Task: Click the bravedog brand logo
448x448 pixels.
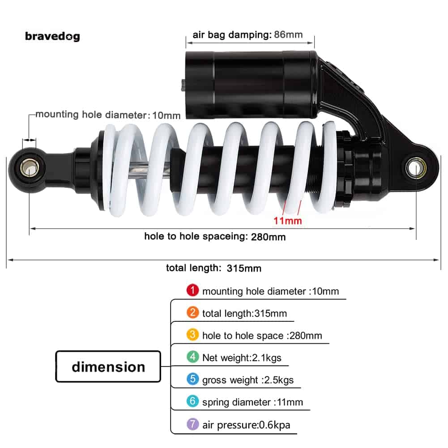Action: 52,36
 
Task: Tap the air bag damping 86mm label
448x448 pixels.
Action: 247,35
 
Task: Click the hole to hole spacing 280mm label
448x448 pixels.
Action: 215,236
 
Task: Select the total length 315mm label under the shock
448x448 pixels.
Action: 213,268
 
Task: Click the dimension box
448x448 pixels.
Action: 108,367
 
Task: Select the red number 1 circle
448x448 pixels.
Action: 192,290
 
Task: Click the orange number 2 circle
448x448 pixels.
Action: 193,312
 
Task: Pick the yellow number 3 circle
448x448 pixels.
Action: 193,335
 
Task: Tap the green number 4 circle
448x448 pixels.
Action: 193,357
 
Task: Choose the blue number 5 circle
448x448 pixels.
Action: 193,379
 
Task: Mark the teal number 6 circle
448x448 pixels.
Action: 193,401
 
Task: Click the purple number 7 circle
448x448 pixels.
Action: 193,424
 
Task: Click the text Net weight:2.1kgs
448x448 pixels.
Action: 242,358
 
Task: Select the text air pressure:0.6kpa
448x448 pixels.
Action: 246,424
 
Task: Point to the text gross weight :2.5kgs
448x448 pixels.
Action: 248,380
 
